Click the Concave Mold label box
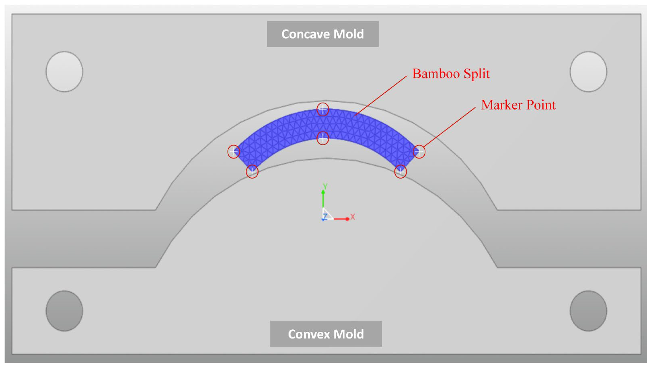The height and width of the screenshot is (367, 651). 322,34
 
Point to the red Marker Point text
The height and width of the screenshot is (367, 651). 518,105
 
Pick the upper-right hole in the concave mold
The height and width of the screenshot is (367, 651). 588,72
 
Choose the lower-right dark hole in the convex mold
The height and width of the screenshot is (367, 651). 588,311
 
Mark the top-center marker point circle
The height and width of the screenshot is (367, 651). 323,109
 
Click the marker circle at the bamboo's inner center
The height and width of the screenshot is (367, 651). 323,138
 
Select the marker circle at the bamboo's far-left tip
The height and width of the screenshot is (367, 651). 233,152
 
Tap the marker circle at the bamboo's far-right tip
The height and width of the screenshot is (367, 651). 419,152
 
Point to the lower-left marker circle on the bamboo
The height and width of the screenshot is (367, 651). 252,172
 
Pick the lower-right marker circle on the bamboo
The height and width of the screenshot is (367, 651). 400,172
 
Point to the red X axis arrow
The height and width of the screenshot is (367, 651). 341,219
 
